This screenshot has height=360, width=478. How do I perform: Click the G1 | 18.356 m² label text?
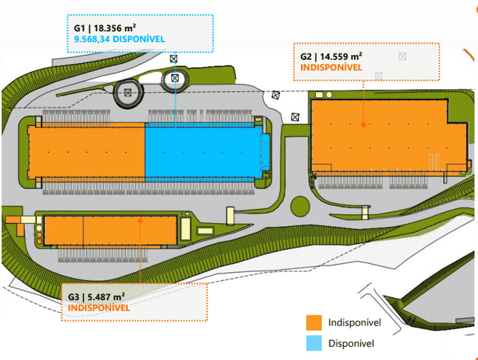[x=105, y=28]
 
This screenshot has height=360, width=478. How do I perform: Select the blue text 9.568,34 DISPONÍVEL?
[x=119, y=39]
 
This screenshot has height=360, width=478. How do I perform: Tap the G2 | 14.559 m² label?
[x=331, y=56]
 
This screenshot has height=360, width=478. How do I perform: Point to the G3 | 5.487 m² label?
[x=96, y=297]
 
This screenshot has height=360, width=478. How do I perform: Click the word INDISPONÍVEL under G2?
[x=331, y=68]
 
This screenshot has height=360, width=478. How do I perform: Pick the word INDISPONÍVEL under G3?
[x=99, y=307]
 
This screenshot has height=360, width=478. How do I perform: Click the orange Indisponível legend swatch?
[x=314, y=323]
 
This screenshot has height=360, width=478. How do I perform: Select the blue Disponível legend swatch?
[x=314, y=343]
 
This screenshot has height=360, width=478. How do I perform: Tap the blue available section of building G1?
[x=204, y=152]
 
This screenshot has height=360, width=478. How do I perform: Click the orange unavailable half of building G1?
[x=86, y=152]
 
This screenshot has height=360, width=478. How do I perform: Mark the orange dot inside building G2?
[x=363, y=125]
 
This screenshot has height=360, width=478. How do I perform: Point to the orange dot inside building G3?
[x=140, y=220]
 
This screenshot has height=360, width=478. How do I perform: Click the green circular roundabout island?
[x=300, y=207]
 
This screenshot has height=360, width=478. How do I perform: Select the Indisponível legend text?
[x=354, y=322]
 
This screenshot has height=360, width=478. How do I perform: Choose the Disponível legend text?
[x=351, y=343]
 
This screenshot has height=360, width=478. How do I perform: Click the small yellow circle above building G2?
[x=329, y=95]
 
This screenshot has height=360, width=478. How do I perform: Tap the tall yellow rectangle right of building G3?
[x=186, y=229]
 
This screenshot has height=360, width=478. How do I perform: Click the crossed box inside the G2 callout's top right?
[x=403, y=56]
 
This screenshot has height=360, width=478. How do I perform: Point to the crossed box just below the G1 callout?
[x=174, y=59]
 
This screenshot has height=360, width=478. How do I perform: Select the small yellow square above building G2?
[x=319, y=95]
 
